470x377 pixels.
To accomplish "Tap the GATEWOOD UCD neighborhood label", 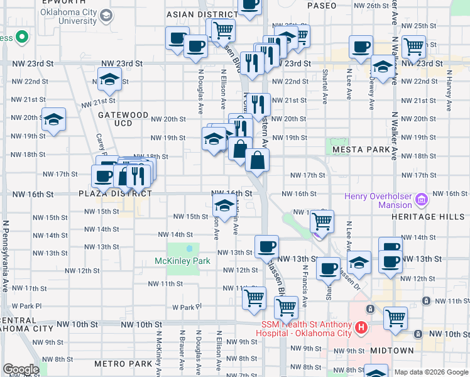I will (x=123, y=120).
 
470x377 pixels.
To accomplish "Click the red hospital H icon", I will (x=361, y=327).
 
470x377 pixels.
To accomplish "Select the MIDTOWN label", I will (x=392, y=350).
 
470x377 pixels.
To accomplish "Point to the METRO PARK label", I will (x=123, y=364).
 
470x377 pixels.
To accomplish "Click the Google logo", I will (x=21, y=369).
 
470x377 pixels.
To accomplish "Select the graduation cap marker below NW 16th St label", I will (x=224, y=205).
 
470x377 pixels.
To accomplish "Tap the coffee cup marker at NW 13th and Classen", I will (x=266, y=246).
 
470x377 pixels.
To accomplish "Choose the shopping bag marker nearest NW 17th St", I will (x=258, y=161).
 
